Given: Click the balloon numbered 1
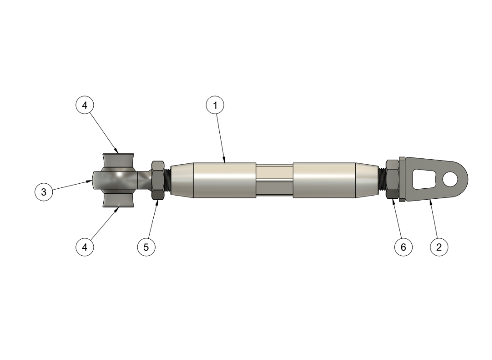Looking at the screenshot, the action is [x=215, y=105].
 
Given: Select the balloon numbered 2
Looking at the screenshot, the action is [x=439, y=247].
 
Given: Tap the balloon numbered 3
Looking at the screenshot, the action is [x=44, y=192].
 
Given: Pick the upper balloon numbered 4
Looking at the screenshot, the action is [x=85, y=105].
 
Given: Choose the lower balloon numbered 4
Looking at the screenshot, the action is [x=85, y=247].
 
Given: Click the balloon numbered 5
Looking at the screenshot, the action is [x=146, y=247].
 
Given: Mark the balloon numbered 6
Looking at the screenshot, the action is [x=403, y=247].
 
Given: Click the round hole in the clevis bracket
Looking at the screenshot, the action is [x=450, y=179].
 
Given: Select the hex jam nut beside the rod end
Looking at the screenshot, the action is [x=157, y=180].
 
